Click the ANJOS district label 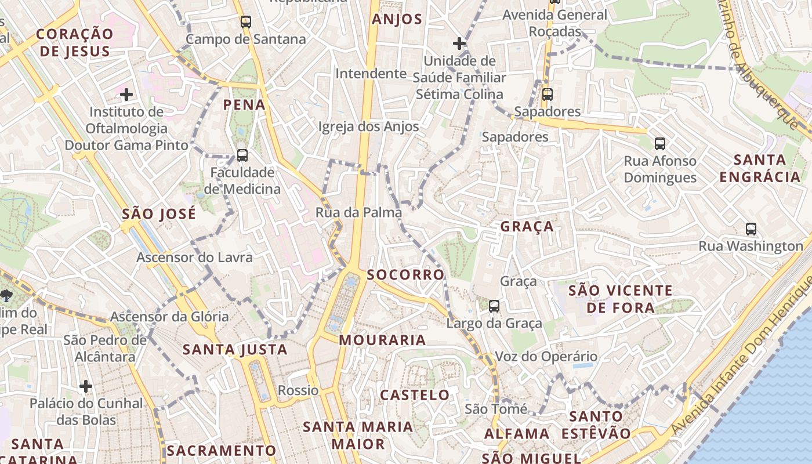(x=397, y=19)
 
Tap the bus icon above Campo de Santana (x=246, y=22)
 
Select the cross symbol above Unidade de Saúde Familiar (x=459, y=43)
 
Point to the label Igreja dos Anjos (x=368, y=126)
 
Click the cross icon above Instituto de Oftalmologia (x=126, y=94)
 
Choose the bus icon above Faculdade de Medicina (x=242, y=155)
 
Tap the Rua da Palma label (x=358, y=212)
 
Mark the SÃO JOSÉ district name (x=159, y=214)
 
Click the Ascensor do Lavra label (x=194, y=257)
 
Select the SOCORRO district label (x=405, y=274)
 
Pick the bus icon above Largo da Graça (x=494, y=306)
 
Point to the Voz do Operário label (x=546, y=357)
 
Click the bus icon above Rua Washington (x=751, y=229)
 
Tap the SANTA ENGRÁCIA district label (x=760, y=168)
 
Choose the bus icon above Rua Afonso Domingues (x=659, y=143)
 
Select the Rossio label (x=298, y=390)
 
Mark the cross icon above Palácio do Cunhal (x=86, y=386)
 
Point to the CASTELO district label (x=415, y=396)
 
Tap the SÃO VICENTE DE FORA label (x=620, y=299)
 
